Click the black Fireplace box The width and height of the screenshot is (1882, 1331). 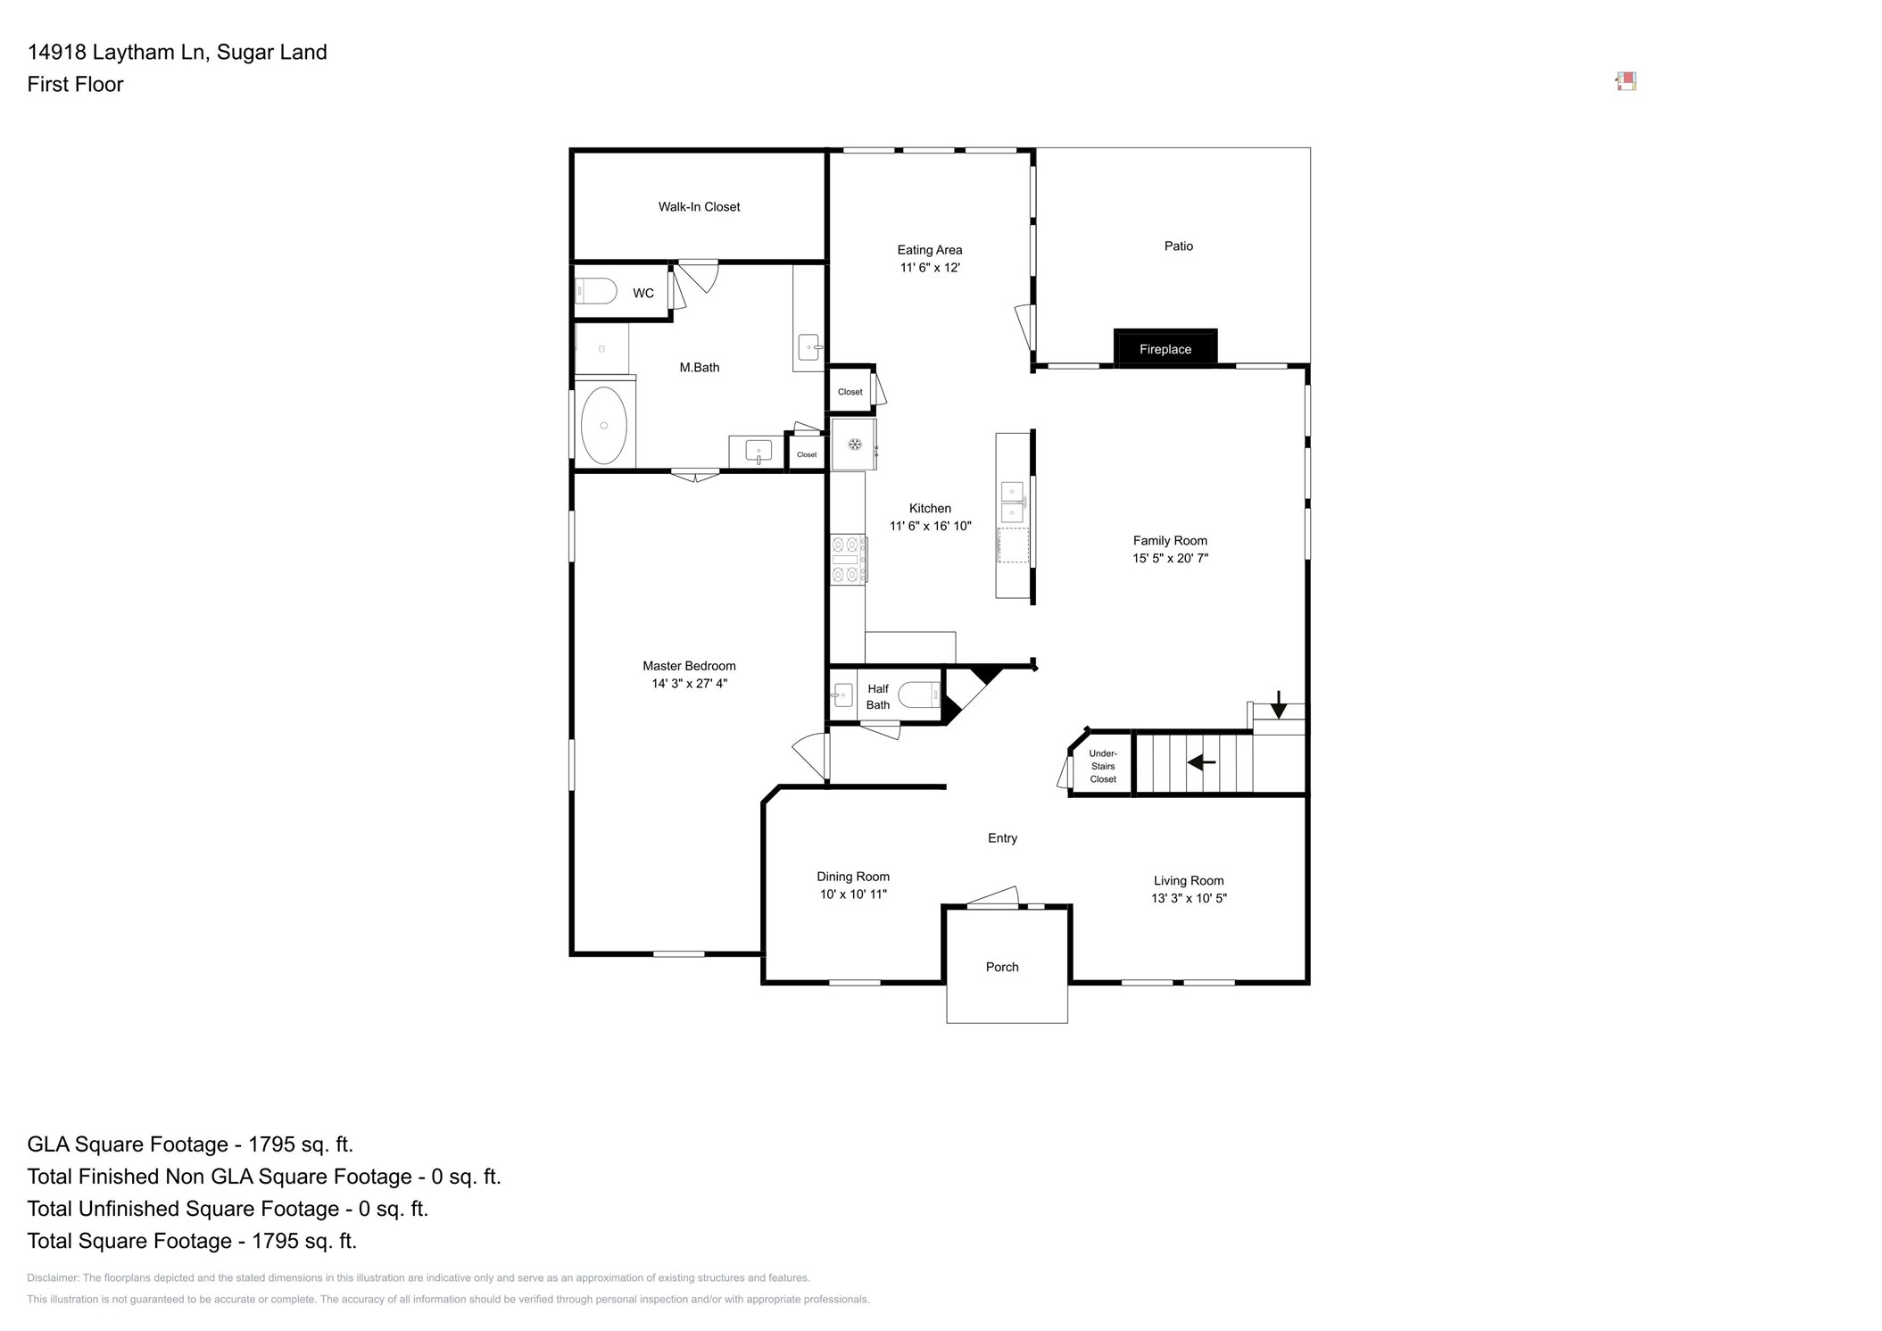[x=1165, y=348]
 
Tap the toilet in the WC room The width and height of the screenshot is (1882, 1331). [x=596, y=291]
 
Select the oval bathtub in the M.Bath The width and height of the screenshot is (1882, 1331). [x=604, y=425]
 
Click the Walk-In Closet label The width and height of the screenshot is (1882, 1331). [x=699, y=207]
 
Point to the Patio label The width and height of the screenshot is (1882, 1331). [x=1178, y=246]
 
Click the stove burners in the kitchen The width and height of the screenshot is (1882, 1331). [x=848, y=560]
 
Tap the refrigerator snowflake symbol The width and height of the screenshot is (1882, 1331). [x=854, y=444]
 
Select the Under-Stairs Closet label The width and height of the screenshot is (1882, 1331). [x=1103, y=766]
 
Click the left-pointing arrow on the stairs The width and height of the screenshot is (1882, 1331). [x=1201, y=762]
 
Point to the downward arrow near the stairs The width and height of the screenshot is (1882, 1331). [x=1279, y=704]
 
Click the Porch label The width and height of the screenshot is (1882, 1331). [x=1002, y=967]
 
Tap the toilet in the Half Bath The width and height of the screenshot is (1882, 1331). [x=919, y=695]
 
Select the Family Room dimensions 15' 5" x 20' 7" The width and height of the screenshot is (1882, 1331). [x=1170, y=559]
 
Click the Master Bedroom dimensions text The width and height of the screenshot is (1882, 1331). [x=689, y=684]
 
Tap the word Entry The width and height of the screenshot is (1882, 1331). [x=1002, y=838]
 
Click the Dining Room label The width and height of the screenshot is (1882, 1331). [x=853, y=877]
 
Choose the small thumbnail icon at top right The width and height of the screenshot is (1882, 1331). [x=1626, y=82]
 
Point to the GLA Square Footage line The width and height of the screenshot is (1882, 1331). [x=190, y=1144]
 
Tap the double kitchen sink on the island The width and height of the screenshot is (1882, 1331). [x=1012, y=502]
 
